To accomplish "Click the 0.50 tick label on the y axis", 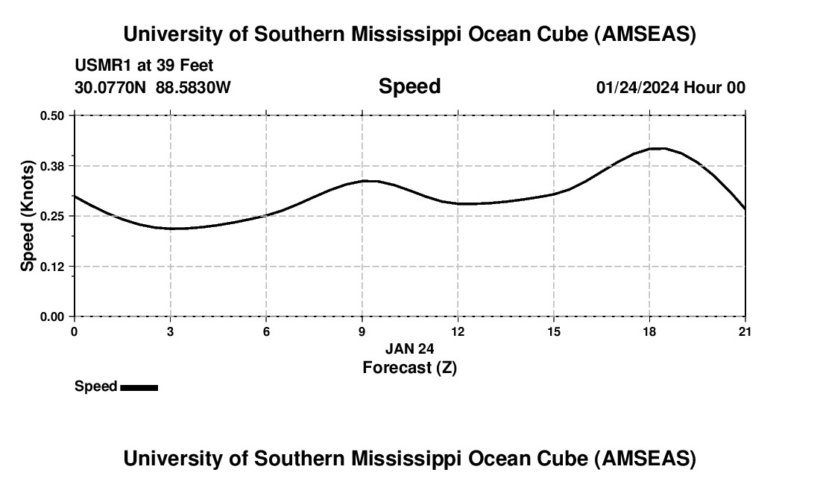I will pyautogui.click(x=51, y=115).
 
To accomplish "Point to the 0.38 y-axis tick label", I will pyautogui.click(x=51, y=165).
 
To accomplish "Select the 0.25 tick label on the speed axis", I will pyautogui.click(x=51, y=216).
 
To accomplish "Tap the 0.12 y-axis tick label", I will pyautogui.click(x=51, y=267).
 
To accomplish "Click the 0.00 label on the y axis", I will pyautogui.click(x=51, y=317).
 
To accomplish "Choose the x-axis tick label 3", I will pyautogui.click(x=170, y=331).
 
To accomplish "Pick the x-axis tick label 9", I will pyautogui.click(x=362, y=331).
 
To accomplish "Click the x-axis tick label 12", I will pyautogui.click(x=458, y=331).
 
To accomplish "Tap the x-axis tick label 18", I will pyautogui.click(x=649, y=331).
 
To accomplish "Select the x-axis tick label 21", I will pyautogui.click(x=745, y=331).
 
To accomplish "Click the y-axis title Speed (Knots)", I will pyautogui.click(x=28, y=215).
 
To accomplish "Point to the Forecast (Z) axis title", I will pyautogui.click(x=409, y=367).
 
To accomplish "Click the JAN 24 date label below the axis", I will pyautogui.click(x=409, y=348).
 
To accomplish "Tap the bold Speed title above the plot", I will pyautogui.click(x=409, y=86).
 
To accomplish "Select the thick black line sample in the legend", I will pyautogui.click(x=139, y=387).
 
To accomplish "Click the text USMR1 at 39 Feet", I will pyautogui.click(x=144, y=66).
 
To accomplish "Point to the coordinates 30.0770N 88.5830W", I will pyautogui.click(x=153, y=87).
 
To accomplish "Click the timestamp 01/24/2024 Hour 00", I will pyautogui.click(x=670, y=87).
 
